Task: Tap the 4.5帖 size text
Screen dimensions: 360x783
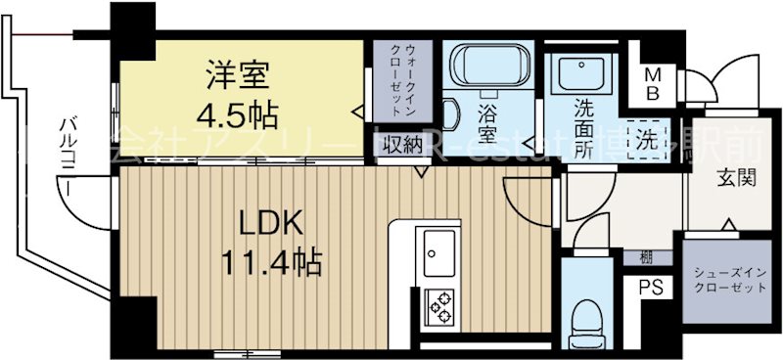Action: (x=236, y=114)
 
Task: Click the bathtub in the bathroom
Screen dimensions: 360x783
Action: (x=490, y=68)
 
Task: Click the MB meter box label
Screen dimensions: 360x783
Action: (x=653, y=84)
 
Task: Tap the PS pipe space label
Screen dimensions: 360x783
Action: (x=648, y=288)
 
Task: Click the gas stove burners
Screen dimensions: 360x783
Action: (x=438, y=305)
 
